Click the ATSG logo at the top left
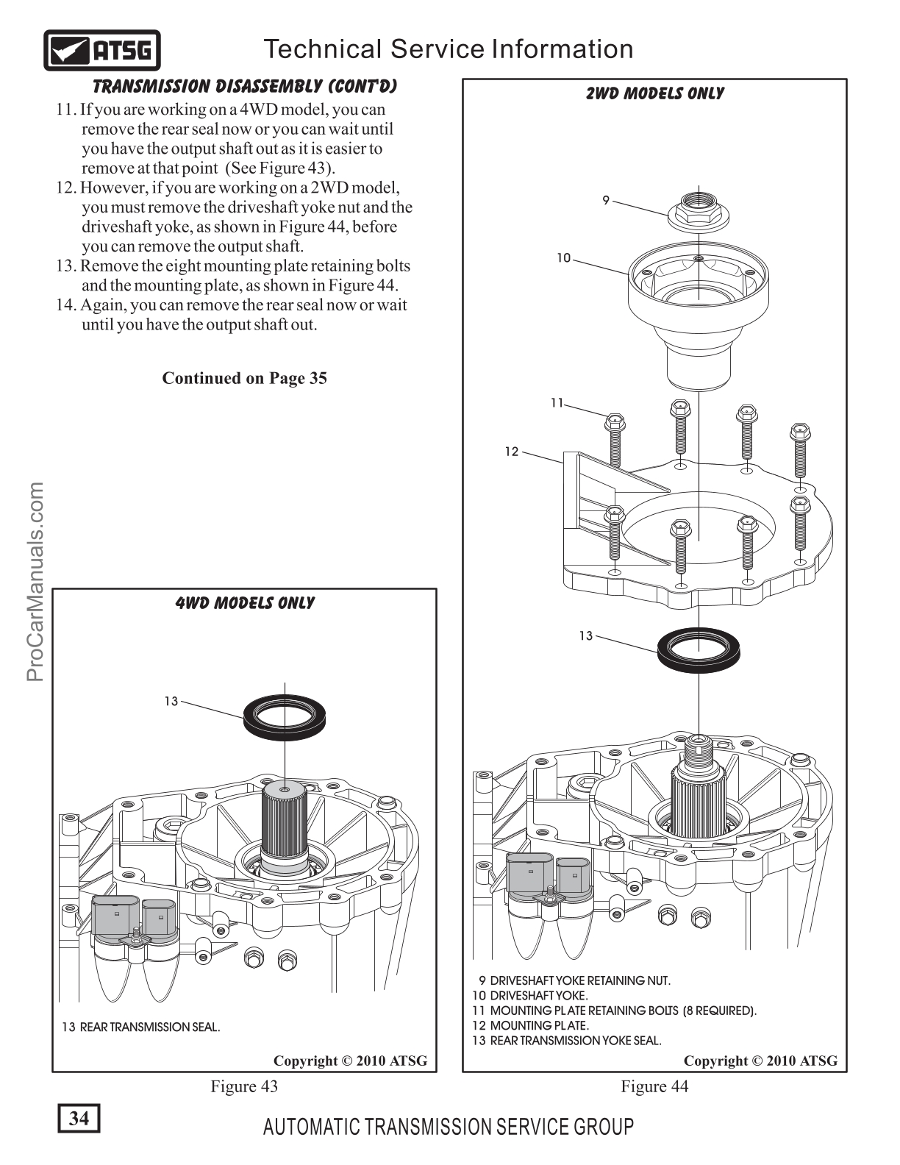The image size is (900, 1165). point(102,51)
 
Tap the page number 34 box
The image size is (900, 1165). point(79,1118)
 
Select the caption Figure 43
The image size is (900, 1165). point(244,1086)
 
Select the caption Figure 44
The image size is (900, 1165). point(654,1086)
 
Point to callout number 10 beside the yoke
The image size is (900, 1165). point(563,258)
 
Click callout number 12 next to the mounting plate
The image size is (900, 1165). point(512,452)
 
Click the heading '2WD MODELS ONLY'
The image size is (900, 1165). point(654,94)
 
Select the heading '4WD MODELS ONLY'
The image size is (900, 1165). point(244,603)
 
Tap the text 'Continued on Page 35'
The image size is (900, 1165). point(244,378)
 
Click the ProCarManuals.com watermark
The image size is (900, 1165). point(35,582)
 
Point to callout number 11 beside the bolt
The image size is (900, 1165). point(557,402)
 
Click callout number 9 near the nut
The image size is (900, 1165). point(606,200)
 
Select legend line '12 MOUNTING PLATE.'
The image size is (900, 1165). point(530,1025)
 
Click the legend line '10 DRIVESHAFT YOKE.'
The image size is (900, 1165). point(529,996)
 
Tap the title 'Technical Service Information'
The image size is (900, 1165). point(449,49)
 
